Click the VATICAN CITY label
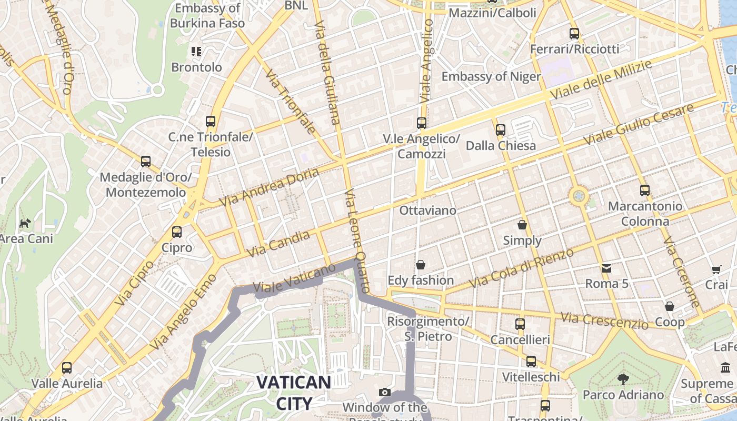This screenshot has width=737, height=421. pos(294,393)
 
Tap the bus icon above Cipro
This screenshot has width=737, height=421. pos(177,232)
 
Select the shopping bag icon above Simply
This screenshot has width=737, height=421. pos(522,225)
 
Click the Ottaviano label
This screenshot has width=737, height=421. pos(428,210)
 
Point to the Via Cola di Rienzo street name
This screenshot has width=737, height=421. pos(521,268)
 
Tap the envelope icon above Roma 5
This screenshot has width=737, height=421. pos(606,268)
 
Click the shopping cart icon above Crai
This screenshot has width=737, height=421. pos(716,270)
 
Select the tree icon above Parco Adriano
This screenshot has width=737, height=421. pos(623,379)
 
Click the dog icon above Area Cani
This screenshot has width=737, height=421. pos(25,223)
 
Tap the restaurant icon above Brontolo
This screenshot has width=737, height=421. pos(196,52)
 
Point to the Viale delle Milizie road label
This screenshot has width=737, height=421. pos(601,79)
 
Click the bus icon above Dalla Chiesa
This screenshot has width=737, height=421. pos(501,129)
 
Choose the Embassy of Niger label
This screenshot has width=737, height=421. pos(491,77)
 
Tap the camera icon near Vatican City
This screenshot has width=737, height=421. pos(385,392)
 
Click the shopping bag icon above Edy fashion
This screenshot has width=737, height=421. pos(421,264)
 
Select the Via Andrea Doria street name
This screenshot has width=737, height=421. pos(269,187)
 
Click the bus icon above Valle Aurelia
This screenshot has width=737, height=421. pos(67,367)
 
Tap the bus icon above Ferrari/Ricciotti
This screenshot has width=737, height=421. pos(574,34)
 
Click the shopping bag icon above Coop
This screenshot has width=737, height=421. pos(670,306)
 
